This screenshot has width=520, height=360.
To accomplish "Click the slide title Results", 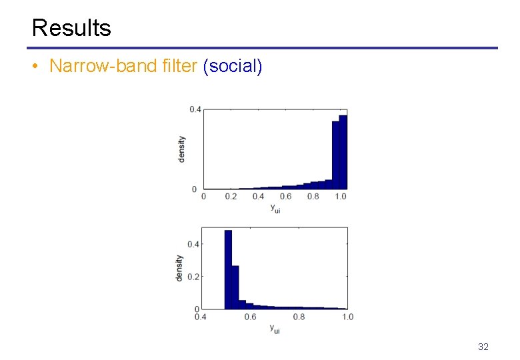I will coord(71,28).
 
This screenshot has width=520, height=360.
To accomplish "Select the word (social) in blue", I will coord(233,67).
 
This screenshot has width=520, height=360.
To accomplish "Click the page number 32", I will coord(483,347).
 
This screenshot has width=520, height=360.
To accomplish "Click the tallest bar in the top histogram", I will coord(343,153).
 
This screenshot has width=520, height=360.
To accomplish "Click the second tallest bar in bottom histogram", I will coord(235,287).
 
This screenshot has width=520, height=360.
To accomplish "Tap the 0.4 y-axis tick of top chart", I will coord(195,109).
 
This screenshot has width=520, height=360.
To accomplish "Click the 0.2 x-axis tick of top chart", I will coord(231,197).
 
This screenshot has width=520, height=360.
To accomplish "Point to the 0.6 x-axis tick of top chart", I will coord(285,197).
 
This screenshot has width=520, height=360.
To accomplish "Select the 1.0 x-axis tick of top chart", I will coord(340,197).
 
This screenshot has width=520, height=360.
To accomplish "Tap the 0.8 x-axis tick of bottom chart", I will coord(299,317).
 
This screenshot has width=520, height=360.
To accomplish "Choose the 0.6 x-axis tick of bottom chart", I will coord(250,317).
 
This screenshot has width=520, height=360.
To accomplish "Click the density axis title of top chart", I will coord(182,149).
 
